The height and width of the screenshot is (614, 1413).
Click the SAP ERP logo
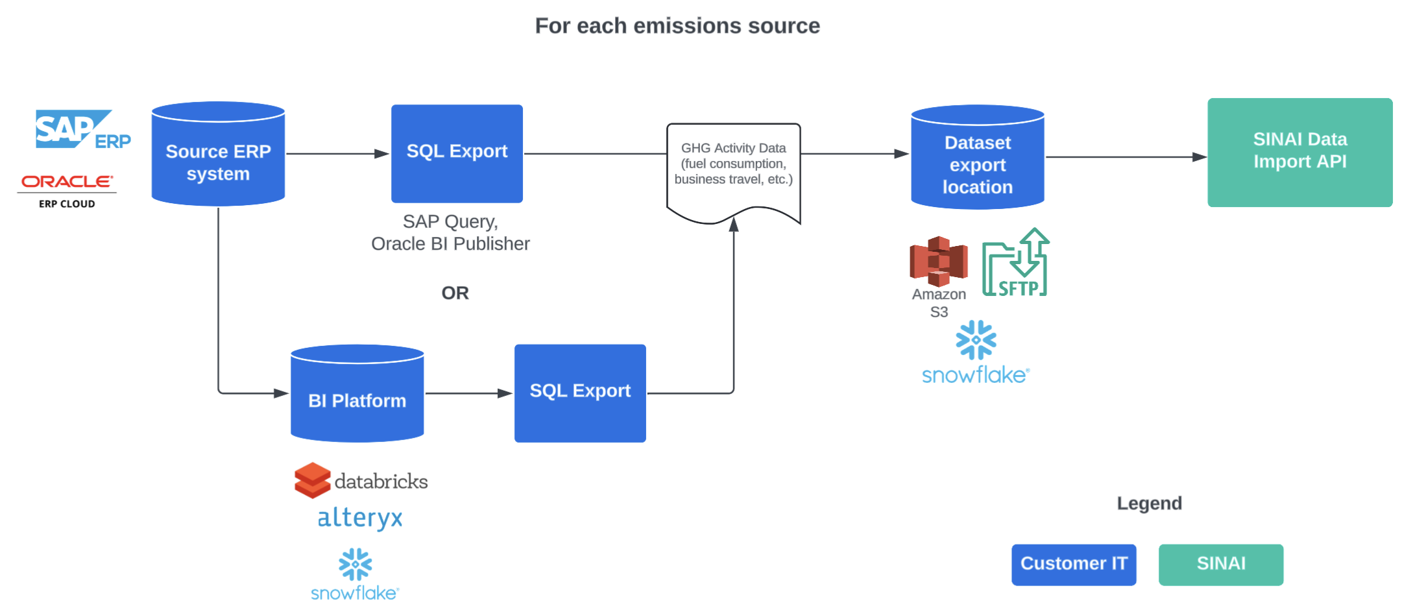[x=82, y=130]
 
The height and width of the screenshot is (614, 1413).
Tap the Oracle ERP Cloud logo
[x=67, y=191]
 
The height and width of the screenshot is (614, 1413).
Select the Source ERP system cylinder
[x=218, y=156]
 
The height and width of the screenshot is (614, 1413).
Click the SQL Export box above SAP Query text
[x=457, y=153]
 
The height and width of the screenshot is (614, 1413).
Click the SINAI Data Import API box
[x=1299, y=153]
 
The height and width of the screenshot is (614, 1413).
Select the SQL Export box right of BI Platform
[x=580, y=393]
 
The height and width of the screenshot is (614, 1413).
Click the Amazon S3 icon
[x=938, y=262]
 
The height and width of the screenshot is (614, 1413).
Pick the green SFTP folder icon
[x=1015, y=264]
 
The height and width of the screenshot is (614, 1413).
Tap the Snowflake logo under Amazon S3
[x=976, y=352]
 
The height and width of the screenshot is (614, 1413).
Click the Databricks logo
[x=361, y=481]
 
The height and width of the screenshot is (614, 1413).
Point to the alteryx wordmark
[x=360, y=518]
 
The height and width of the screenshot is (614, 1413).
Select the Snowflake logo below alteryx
[x=355, y=574]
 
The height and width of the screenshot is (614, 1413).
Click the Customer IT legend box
[x=1074, y=565]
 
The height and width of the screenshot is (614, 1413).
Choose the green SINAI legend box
[x=1220, y=565]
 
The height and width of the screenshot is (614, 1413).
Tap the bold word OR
[x=455, y=293]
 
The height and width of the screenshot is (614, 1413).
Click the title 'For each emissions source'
[x=677, y=26]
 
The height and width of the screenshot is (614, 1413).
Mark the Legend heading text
[x=1149, y=504]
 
